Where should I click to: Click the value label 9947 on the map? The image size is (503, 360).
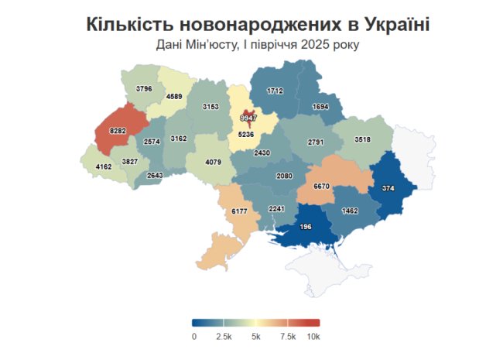248,118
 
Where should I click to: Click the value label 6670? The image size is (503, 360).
323,187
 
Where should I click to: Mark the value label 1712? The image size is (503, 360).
275,91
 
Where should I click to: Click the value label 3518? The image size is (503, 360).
362,139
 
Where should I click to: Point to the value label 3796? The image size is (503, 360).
144,89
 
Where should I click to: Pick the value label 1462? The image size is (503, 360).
351,211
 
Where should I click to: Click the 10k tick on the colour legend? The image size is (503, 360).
313,337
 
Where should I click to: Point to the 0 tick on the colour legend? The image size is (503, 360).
193,337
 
